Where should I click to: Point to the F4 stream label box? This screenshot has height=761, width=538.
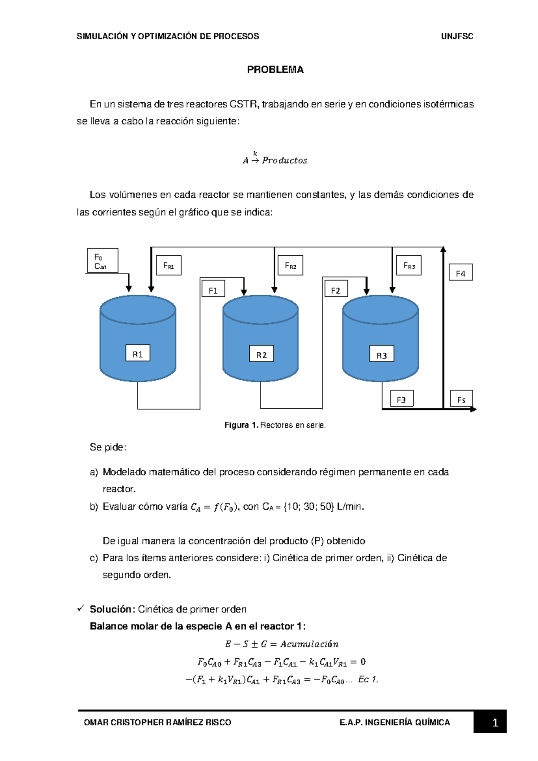[x=461, y=272]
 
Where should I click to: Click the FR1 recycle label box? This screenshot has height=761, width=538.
[x=169, y=265]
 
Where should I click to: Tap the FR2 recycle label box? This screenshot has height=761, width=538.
[x=291, y=265]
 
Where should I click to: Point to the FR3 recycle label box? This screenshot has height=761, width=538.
[x=409, y=265]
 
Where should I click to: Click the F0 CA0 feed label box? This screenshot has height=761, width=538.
[x=103, y=261]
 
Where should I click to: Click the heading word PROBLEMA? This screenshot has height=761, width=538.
[x=275, y=70]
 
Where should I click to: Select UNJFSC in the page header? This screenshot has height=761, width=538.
[x=457, y=36]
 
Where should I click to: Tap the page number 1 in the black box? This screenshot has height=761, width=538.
[x=495, y=722]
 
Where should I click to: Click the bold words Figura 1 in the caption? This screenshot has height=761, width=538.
[x=241, y=425]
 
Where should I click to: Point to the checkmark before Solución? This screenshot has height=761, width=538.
[x=81, y=608]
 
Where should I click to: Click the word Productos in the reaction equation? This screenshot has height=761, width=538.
[x=285, y=160]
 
